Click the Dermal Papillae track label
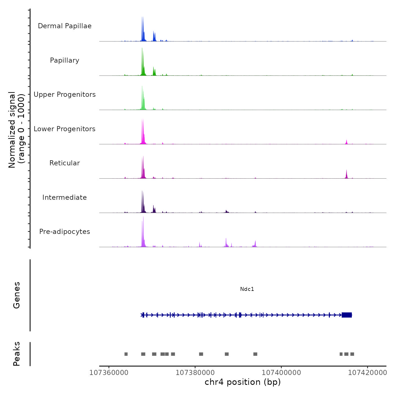(x=65, y=26)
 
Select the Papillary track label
(x=65, y=60)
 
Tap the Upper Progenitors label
(x=65, y=95)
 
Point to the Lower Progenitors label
(x=65, y=129)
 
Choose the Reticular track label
(x=65, y=163)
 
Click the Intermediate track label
(x=65, y=197)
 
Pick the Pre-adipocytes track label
(x=65, y=232)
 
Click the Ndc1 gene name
(x=247, y=289)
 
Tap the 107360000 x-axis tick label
(x=109, y=373)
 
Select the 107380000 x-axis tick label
(x=195, y=373)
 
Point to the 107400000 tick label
(x=281, y=373)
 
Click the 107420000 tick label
(x=367, y=373)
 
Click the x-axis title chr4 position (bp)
(x=243, y=382)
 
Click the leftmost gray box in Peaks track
(x=126, y=354)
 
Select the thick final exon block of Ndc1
(x=346, y=315)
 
